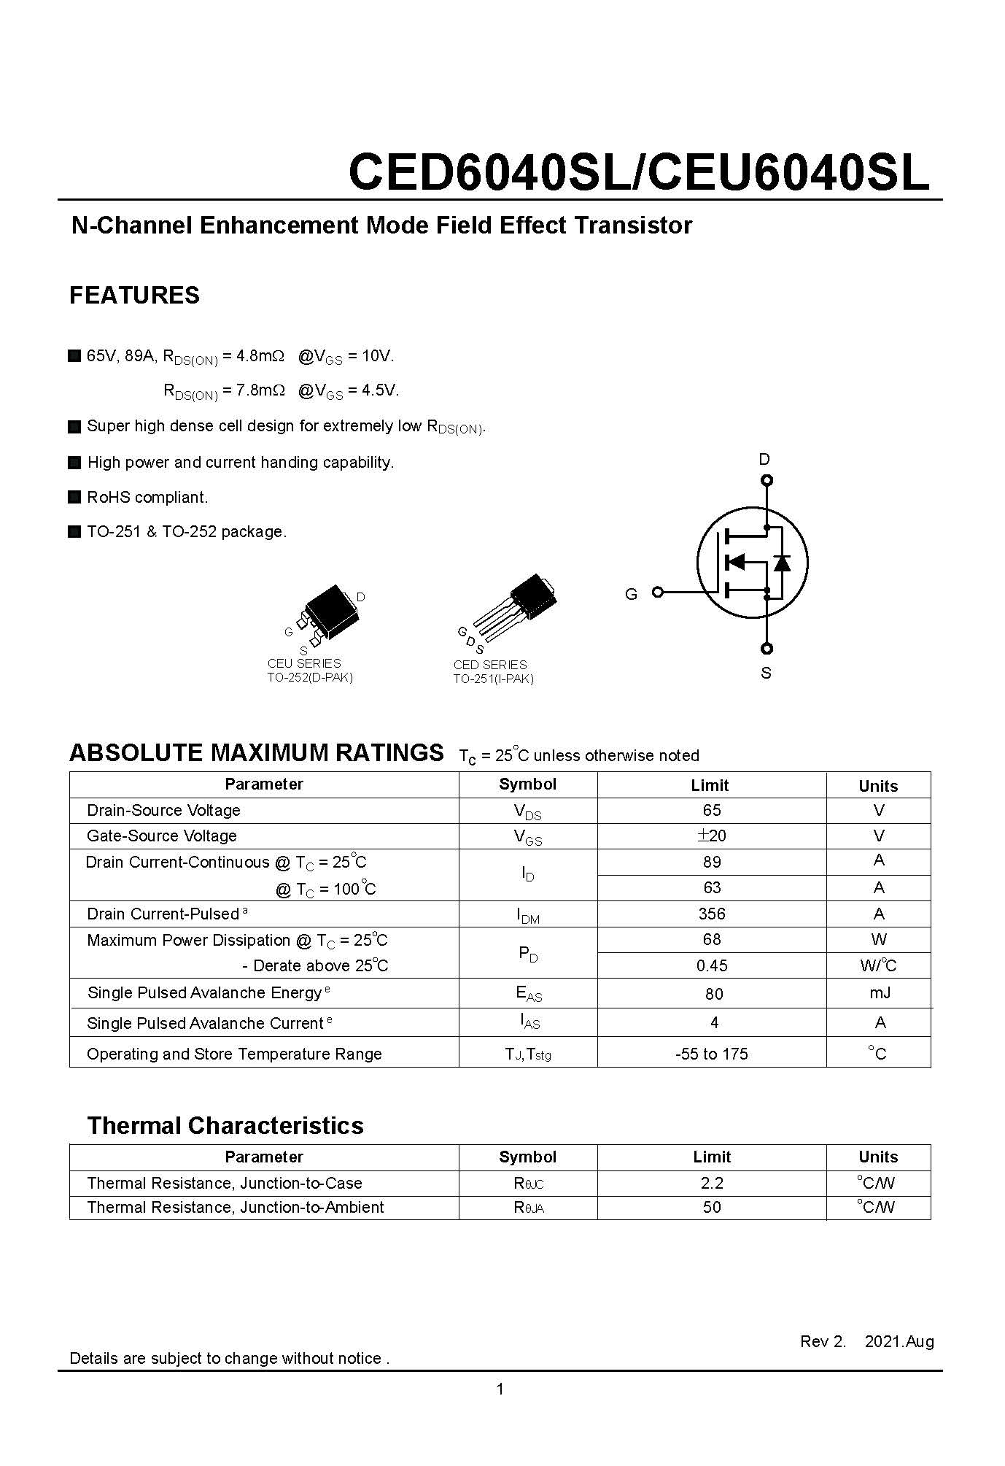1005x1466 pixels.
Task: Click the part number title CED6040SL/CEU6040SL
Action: (639, 173)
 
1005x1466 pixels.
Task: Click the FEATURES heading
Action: (134, 295)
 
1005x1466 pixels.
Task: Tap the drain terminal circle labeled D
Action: (766, 480)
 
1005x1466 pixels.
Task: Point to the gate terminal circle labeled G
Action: (657, 592)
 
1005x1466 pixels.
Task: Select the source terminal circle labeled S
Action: (766, 648)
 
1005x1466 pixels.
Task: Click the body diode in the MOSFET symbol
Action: (782, 562)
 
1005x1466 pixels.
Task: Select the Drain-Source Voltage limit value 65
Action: (712, 810)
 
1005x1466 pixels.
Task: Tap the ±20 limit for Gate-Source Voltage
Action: (712, 836)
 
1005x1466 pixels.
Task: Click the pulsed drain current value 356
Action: (712, 914)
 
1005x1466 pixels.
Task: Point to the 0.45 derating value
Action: (712, 965)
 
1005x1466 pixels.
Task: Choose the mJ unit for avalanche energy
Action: (880, 992)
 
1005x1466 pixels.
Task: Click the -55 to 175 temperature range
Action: (712, 1054)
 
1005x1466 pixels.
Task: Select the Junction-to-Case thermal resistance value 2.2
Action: (712, 1183)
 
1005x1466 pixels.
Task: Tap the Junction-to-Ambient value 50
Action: (712, 1207)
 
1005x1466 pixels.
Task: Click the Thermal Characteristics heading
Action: (225, 1125)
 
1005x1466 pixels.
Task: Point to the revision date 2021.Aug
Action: (899, 1341)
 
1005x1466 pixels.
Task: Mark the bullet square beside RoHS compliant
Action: (74, 497)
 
